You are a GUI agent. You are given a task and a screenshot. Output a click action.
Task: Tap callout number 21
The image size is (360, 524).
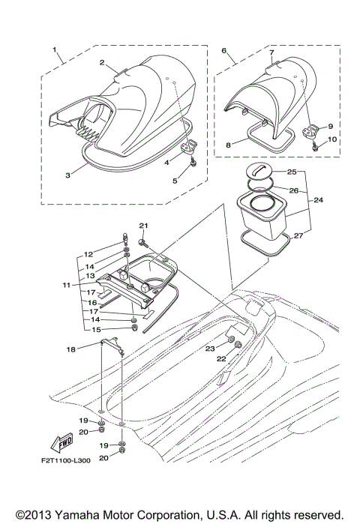point(143,225)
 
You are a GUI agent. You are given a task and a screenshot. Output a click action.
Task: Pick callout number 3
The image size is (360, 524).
point(67,175)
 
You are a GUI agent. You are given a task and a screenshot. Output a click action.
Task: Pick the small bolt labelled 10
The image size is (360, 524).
point(316,148)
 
